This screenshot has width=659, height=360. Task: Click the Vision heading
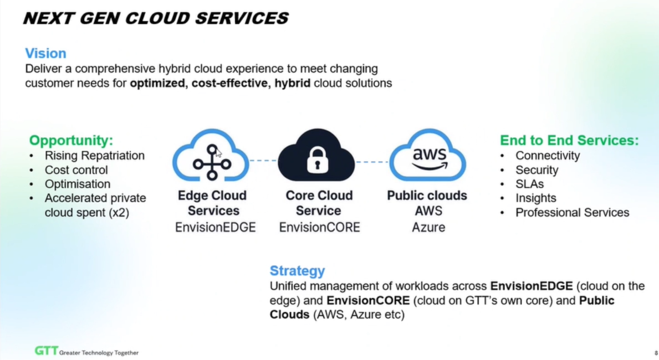click(x=45, y=54)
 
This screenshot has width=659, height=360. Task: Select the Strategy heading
click(x=297, y=271)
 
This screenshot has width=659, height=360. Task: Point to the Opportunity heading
click(x=71, y=140)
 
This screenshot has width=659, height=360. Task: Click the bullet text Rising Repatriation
click(x=94, y=156)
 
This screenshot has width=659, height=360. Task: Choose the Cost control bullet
click(x=76, y=170)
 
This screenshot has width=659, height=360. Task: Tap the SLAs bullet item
click(x=529, y=184)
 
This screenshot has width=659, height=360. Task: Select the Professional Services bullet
click(x=572, y=213)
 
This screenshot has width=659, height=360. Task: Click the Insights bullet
click(x=535, y=198)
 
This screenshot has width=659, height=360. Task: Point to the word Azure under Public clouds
click(x=428, y=227)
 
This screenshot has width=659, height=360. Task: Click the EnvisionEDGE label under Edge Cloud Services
click(x=216, y=227)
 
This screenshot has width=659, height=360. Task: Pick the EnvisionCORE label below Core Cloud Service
click(x=319, y=227)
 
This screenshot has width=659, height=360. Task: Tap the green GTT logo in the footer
click(x=45, y=351)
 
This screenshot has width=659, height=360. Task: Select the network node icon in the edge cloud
click(x=211, y=162)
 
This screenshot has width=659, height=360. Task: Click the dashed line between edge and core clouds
click(x=263, y=161)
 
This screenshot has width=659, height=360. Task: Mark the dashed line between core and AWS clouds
click(x=372, y=162)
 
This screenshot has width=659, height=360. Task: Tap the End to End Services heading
click(x=569, y=140)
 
